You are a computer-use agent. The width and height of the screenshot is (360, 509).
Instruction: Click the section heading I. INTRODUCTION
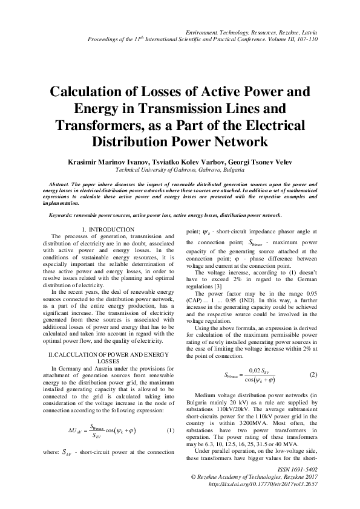tap(108, 230)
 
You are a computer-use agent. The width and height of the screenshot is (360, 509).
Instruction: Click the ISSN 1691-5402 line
tap(296, 469)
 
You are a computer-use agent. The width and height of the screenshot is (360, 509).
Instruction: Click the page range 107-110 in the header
tap(306, 39)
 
